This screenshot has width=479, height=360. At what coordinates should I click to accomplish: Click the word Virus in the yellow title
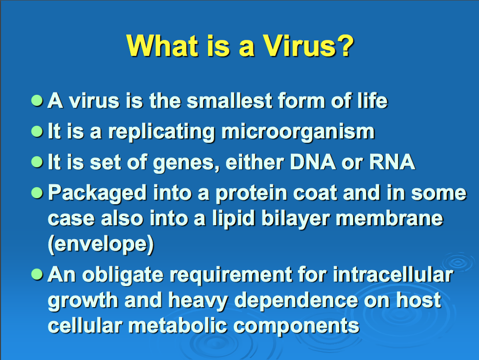point(300,46)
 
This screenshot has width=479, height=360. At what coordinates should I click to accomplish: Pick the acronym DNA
point(313,162)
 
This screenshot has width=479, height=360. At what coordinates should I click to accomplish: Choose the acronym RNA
point(392,162)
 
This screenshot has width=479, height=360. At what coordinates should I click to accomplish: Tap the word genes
point(186,163)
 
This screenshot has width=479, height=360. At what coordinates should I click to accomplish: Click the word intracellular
point(393,275)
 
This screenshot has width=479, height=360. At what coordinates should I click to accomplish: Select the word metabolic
point(178,326)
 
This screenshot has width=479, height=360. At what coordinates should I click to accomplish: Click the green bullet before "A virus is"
point(37,100)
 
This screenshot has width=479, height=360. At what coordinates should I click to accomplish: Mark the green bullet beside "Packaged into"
point(37,193)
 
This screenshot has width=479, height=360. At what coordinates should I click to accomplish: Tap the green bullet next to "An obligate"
point(37,275)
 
